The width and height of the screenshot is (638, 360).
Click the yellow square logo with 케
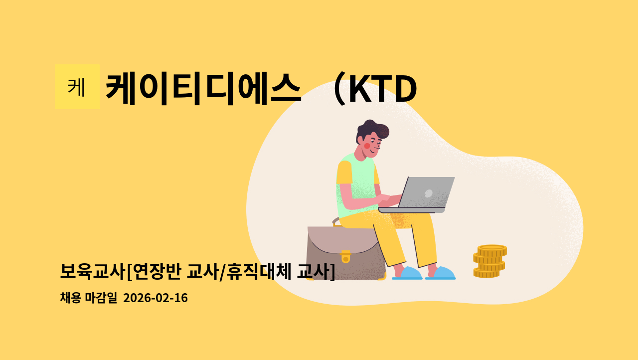click(x=77, y=87)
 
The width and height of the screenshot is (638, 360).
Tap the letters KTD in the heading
click(x=382, y=90)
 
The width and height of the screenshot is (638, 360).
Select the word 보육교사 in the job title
click(x=92, y=271)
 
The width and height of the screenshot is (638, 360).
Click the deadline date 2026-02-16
click(x=155, y=298)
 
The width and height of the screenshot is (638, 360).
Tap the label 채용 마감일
click(x=88, y=298)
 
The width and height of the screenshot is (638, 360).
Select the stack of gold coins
click(x=489, y=261)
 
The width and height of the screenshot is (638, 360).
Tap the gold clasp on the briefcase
click(x=345, y=257)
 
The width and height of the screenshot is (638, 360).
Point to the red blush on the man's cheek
click(x=367, y=146)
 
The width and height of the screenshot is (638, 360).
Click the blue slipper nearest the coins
click(x=441, y=273)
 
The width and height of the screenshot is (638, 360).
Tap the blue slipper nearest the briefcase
click(x=408, y=273)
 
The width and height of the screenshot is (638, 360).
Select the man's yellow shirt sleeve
click(x=344, y=173)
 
